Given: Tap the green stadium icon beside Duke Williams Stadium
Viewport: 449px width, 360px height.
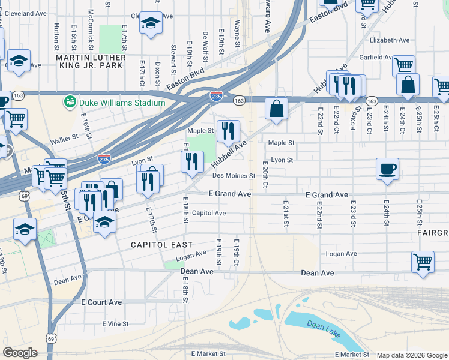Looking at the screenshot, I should pos(70,101).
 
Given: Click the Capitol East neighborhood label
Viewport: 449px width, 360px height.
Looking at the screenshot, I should pos(162,245).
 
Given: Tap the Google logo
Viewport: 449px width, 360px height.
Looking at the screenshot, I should pos(20,353).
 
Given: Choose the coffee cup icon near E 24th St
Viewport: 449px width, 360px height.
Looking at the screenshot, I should pos(387,168).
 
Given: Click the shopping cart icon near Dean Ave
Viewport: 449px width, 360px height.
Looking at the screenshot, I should pos(423,262).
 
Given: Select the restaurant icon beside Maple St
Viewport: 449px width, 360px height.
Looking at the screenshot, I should pos(228,131).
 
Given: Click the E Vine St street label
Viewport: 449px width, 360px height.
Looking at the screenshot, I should pos(115,323).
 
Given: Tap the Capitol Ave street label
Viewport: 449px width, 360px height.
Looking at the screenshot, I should pos(209,213).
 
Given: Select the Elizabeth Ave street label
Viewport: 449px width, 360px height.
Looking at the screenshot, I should pos(390,40).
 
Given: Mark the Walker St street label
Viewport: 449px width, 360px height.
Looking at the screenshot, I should pos(65,139).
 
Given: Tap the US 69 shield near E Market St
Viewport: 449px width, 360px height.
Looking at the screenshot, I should pos(51,338).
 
